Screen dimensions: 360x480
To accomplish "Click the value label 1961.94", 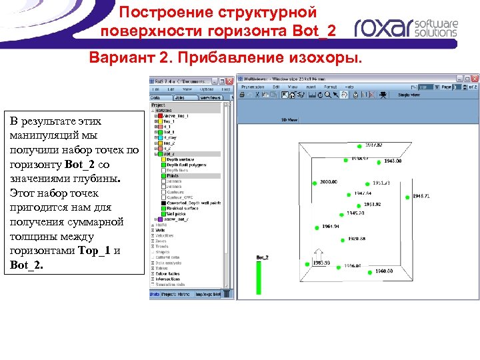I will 331,227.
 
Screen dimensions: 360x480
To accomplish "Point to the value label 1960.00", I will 383,271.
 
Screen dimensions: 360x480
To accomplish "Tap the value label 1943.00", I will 392,161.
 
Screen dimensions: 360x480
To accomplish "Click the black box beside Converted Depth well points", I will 161,203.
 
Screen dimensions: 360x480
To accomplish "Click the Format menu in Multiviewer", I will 330,87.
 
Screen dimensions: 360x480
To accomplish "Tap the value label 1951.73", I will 381,183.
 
